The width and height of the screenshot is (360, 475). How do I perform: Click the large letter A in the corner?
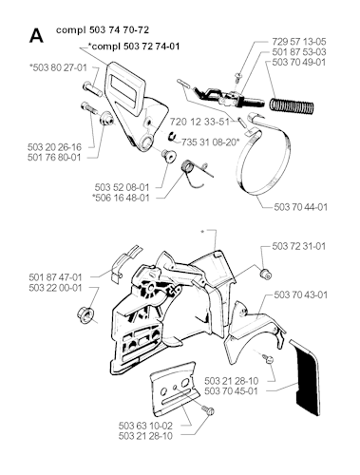36,36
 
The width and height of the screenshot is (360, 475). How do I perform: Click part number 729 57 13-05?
299,42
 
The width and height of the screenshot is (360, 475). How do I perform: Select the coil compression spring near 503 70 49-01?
292,106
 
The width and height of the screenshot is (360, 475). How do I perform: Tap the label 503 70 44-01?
300,207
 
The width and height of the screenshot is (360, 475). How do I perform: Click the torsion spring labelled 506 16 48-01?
196,173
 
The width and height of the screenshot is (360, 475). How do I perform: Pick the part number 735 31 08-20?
210,142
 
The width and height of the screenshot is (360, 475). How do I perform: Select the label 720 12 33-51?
199,122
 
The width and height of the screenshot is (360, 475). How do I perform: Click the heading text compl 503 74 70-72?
103,30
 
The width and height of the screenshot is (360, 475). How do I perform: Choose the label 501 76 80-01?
54,157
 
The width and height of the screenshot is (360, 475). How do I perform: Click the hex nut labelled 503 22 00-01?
85,314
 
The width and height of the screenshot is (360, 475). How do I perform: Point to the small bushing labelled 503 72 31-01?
265,275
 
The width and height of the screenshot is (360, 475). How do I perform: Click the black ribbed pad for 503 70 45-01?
308,377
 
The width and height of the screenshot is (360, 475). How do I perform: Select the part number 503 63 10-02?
145,426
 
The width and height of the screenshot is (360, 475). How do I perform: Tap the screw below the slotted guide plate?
208,410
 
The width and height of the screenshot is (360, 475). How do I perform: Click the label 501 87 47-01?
55,277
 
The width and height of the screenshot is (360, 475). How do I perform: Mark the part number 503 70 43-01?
300,294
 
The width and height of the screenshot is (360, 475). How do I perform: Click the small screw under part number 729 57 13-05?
237,77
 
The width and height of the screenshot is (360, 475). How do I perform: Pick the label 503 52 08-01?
122,187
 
